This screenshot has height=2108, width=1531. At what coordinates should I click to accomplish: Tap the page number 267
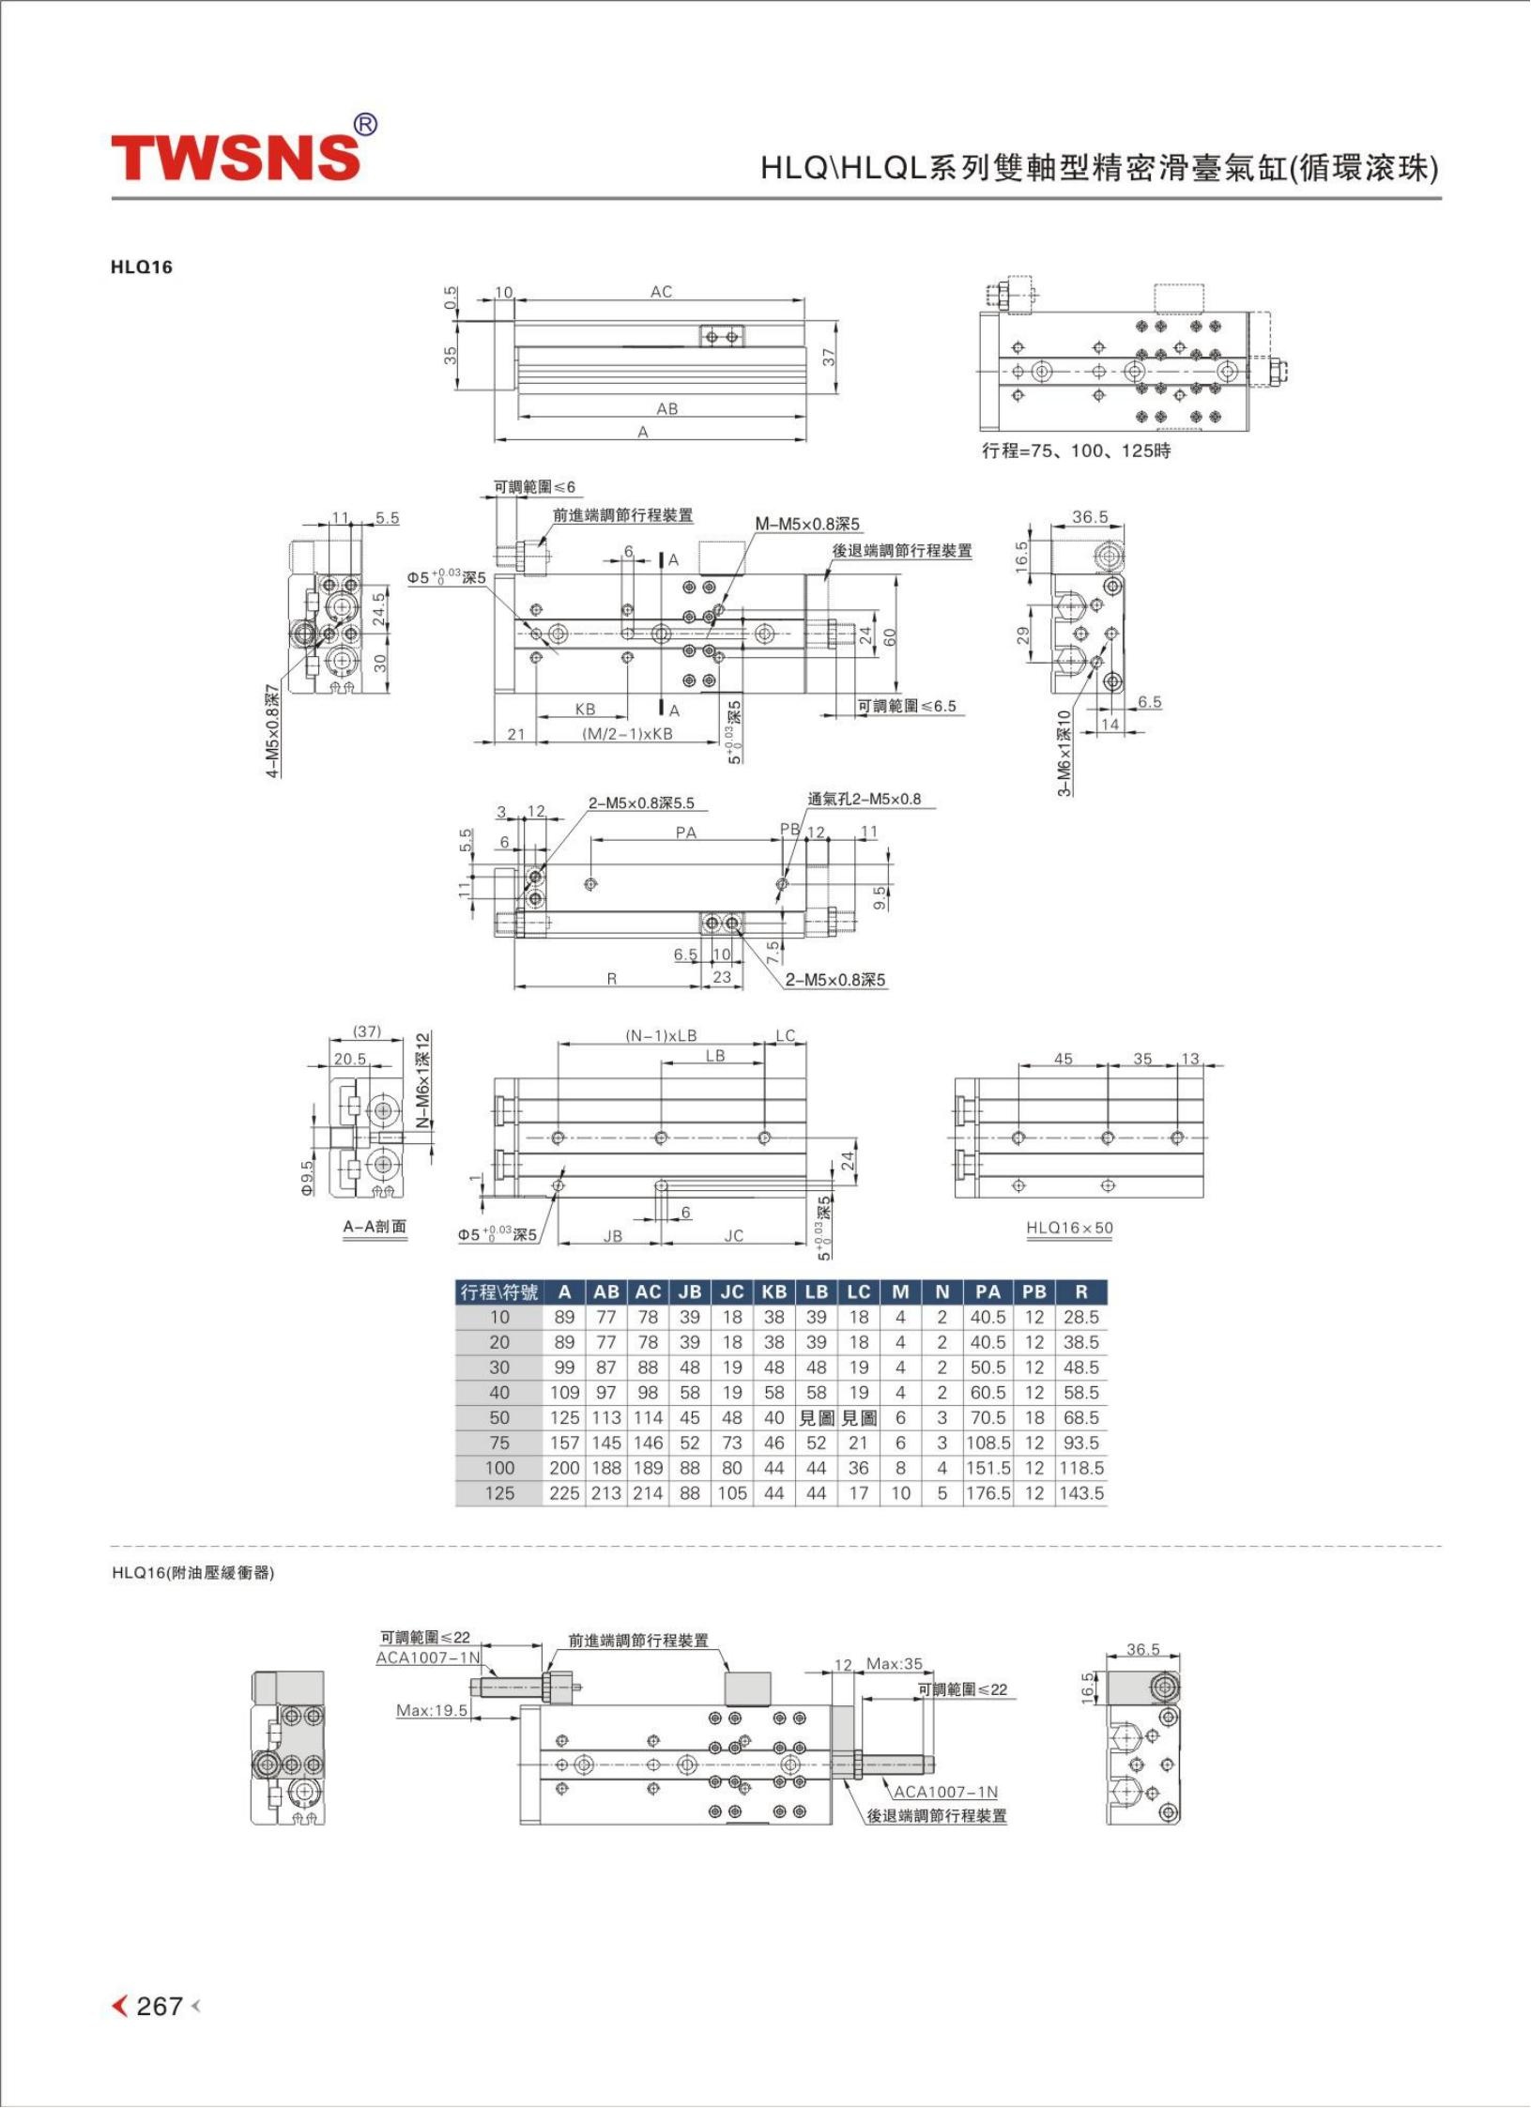159,2006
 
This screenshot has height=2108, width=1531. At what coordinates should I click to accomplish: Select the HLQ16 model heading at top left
142,267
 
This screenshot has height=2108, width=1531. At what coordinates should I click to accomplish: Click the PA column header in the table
987,1291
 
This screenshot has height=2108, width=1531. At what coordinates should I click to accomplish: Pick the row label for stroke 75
499,1443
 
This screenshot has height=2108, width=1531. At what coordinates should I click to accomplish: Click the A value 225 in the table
564,1493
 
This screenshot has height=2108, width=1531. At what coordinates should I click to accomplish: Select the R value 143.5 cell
1081,1493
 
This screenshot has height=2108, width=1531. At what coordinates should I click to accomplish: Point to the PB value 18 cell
1033,1417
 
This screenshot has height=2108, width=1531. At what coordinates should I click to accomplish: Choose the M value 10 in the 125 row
900,1493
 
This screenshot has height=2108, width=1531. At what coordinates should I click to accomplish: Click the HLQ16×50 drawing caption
1069,1228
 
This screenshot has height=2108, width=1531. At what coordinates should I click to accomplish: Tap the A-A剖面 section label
375,1227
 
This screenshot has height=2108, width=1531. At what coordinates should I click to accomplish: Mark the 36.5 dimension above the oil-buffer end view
1143,1649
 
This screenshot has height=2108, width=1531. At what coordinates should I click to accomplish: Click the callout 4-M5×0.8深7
272,731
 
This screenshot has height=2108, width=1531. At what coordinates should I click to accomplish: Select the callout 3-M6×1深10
1064,753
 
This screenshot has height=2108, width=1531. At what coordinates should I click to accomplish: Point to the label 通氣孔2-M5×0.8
865,800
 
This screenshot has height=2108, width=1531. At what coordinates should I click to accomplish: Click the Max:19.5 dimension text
432,1710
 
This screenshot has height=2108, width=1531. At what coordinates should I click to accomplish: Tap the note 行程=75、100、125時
1077,451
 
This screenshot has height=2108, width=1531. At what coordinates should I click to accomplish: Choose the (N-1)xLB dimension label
661,1035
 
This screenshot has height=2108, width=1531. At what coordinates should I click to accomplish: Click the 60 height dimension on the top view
889,636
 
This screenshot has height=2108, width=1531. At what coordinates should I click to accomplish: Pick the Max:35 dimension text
894,1664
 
